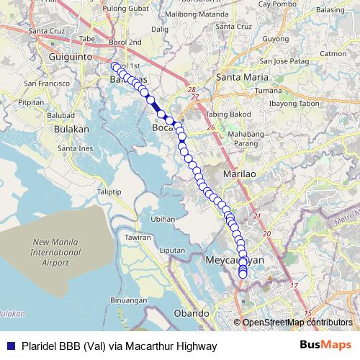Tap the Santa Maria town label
click(x=240, y=76)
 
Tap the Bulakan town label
click(x=71, y=129)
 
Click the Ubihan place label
click(x=164, y=218)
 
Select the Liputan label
click(x=172, y=249)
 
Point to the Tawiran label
click(x=138, y=237)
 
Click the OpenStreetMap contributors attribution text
click(x=297, y=323)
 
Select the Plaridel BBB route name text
click(x=119, y=346)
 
